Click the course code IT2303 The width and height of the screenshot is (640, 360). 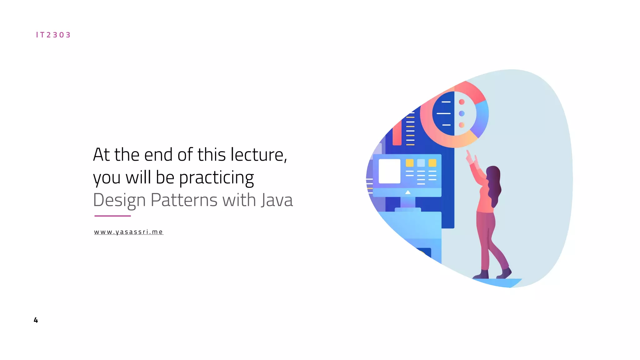[x=53, y=35]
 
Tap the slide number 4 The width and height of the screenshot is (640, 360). [x=36, y=320]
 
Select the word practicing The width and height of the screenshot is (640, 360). [x=216, y=177]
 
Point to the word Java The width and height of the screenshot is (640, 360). [x=277, y=200]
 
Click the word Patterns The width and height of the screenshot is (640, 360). [x=184, y=200]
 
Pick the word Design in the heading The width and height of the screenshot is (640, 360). [x=119, y=200]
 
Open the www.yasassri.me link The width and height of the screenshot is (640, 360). [x=128, y=232]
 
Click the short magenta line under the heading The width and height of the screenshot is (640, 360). [x=112, y=216]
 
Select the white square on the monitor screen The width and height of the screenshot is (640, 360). [x=389, y=171]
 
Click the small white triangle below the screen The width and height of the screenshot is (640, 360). [x=408, y=192]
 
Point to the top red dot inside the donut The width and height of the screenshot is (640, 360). [x=462, y=102]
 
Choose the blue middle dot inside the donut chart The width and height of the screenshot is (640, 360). [x=462, y=113]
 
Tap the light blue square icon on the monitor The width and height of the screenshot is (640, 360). [x=421, y=163]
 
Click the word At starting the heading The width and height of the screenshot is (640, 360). [x=101, y=155]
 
